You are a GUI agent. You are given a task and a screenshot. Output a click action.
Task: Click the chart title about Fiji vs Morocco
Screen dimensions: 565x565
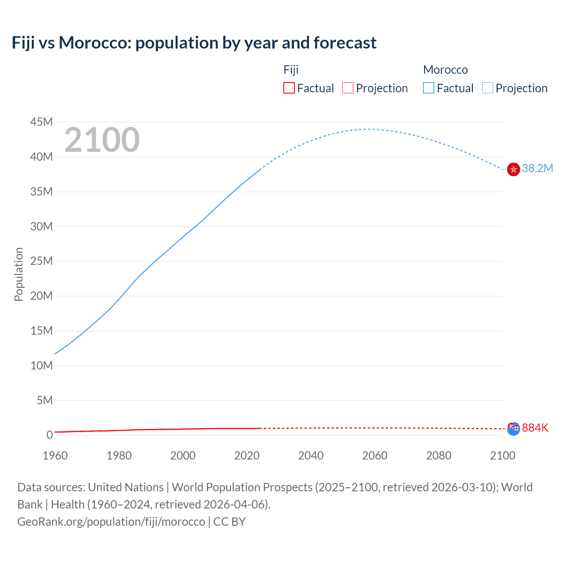pos(194,43)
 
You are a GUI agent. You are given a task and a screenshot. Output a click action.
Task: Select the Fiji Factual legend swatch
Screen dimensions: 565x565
pos(289,88)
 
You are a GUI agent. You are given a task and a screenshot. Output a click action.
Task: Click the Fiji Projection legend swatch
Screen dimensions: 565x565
pos(348,88)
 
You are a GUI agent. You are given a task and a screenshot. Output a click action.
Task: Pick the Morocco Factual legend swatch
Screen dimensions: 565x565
pos(428,88)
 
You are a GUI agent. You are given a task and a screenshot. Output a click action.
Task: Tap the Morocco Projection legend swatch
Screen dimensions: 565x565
pos(487,88)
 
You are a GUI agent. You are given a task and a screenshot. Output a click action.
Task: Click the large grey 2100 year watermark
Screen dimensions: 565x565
pos(102,140)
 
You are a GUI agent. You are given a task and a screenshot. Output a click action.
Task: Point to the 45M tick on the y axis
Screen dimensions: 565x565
pos(41,122)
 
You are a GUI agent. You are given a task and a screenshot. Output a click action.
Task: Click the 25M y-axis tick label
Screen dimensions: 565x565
pos(41,261)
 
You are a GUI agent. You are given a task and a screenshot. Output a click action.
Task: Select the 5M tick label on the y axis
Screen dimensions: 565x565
pos(45,400)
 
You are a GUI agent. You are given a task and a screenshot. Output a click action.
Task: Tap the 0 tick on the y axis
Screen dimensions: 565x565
pos(49,435)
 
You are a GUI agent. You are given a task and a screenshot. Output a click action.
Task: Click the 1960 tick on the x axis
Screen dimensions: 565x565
pos(55,456)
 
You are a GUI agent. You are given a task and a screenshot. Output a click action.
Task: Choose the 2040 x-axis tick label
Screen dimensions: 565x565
pos(311,456)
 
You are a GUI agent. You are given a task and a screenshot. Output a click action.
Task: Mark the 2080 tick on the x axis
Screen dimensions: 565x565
pos(439,456)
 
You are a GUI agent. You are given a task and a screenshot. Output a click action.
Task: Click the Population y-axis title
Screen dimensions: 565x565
pos(19,274)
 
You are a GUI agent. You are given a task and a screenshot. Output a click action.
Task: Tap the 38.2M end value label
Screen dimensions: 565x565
pos(537,168)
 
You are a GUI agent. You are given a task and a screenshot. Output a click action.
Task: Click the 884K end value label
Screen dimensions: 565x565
pos(535,428)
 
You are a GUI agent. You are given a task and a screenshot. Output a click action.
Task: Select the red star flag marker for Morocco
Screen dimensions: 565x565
pos(513,169)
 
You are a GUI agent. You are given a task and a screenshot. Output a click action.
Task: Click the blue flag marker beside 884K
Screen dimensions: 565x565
pos(513,429)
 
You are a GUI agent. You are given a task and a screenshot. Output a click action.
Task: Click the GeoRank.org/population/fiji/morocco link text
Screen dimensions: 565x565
pos(111,522)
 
